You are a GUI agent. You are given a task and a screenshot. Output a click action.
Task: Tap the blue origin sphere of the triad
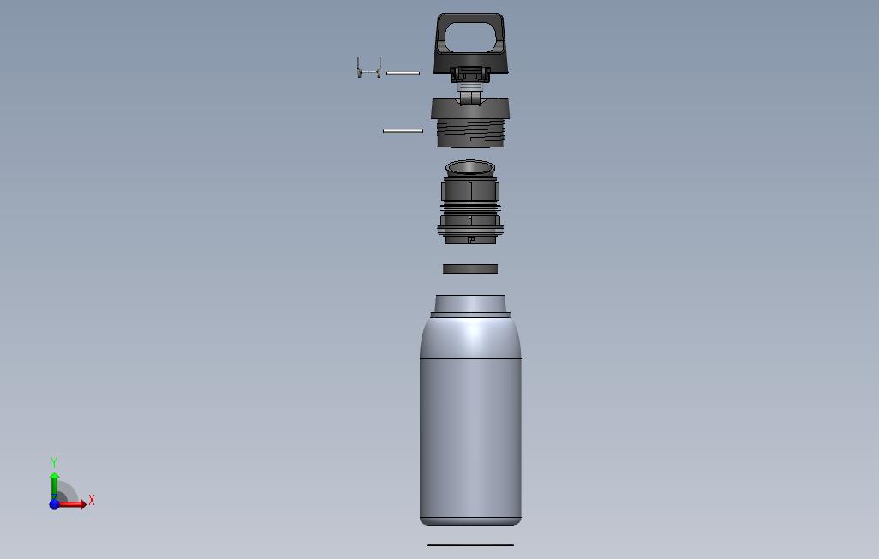54,504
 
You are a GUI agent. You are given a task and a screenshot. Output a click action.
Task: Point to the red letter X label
92,500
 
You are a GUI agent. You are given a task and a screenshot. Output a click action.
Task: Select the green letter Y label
54,463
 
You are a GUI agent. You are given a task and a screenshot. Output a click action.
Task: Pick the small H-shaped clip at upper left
368,67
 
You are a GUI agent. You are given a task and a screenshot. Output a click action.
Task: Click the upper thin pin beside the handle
403,73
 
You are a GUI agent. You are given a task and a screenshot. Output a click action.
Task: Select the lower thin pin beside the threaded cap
403,130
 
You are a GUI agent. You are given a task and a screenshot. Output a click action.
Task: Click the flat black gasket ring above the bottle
470,269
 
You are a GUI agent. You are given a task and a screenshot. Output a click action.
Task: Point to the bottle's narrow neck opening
470,304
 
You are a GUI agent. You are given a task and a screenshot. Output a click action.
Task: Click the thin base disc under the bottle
470,544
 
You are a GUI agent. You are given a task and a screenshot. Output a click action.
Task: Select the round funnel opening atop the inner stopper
470,167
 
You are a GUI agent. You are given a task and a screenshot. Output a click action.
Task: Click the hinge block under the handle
470,75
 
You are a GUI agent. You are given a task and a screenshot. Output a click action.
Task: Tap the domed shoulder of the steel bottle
470,337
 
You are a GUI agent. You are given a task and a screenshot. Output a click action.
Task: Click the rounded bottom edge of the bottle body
470,520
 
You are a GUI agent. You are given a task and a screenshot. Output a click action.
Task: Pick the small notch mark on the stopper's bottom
470,240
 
